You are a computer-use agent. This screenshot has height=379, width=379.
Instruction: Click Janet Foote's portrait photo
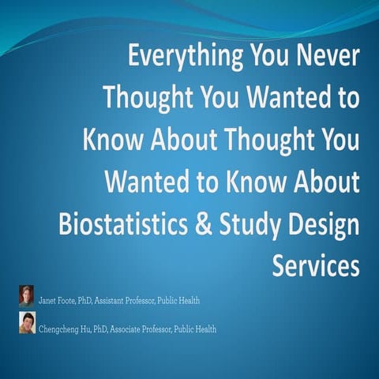pos(27,295)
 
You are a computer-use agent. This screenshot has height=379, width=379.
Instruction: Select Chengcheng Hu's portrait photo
pos(27,323)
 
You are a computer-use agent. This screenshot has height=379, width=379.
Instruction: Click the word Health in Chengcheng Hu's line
pos(203,329)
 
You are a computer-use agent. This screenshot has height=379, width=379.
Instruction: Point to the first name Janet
pos(49,301)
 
